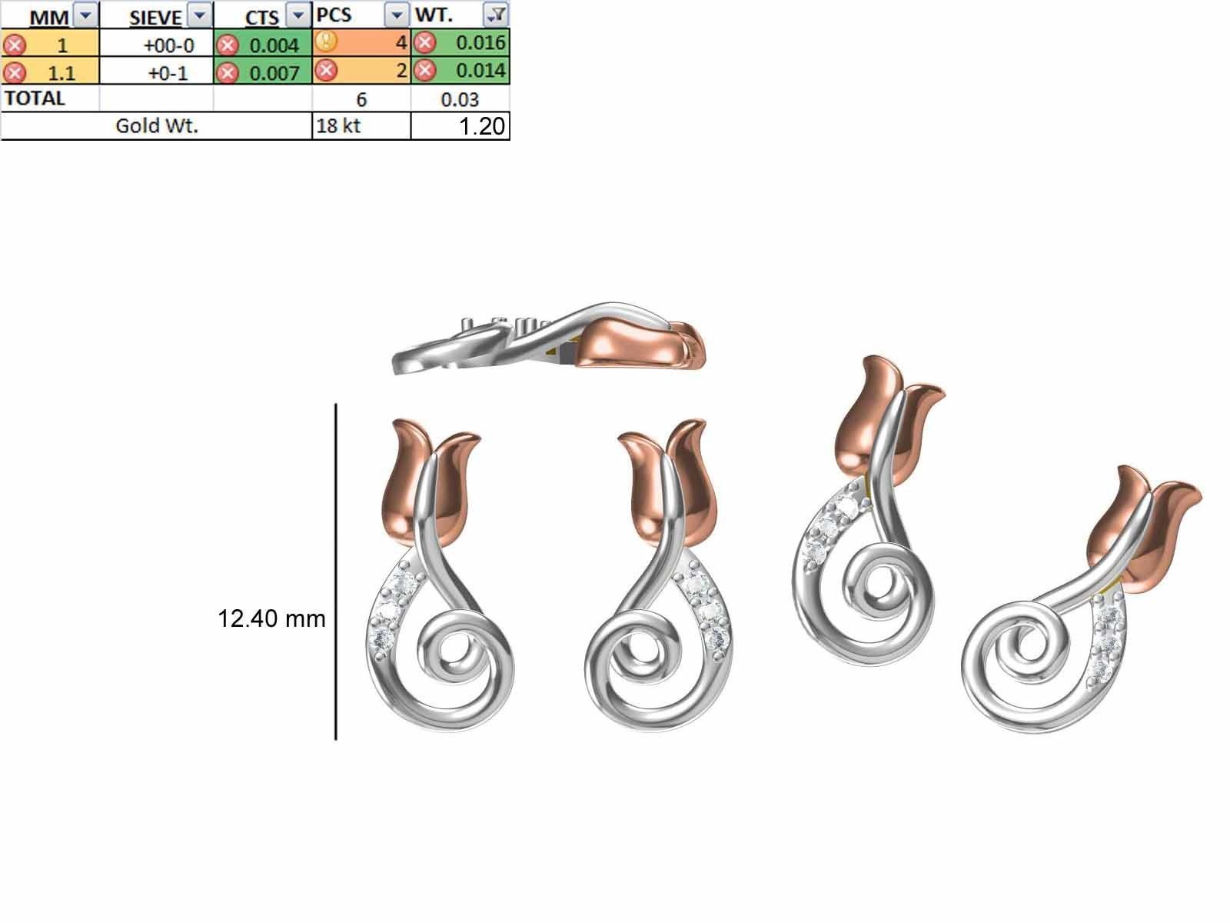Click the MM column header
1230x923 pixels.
[x=48, y=16]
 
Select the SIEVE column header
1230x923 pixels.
[x=155, y=16]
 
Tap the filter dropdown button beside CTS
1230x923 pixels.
[x=296, y=15]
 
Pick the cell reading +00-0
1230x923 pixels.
[x=168, y=45]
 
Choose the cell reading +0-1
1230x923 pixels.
[x=166, y=73]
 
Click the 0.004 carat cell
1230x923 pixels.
[x=273, y=45]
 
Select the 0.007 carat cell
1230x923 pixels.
[x=273, y=73]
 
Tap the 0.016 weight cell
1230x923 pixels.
[x=480, y=43]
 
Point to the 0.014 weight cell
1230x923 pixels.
[x=480, y=71]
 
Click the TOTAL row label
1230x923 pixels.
[x=35, y=98]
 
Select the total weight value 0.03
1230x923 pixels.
[x=460, y=99]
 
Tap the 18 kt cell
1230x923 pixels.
[x=338, y=126]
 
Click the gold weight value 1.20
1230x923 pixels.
[x=481, y=127]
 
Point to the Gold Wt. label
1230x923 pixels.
[x=157, y=126]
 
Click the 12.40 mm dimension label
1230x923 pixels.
[x=271, y=618]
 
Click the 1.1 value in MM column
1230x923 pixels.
[x=61, y=73]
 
